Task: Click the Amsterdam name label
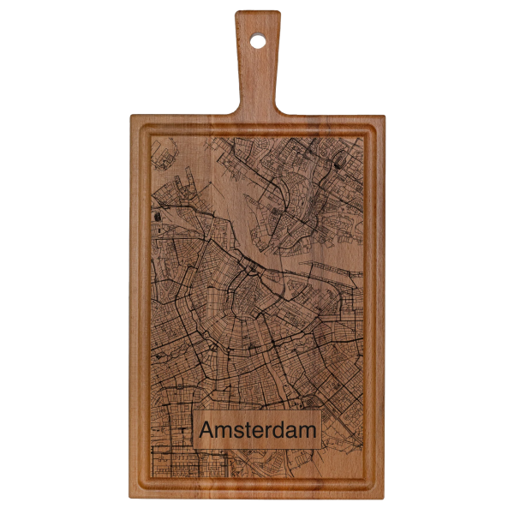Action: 257,430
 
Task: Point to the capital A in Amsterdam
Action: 208,430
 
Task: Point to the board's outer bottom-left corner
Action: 134,490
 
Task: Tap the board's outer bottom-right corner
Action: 380,490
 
